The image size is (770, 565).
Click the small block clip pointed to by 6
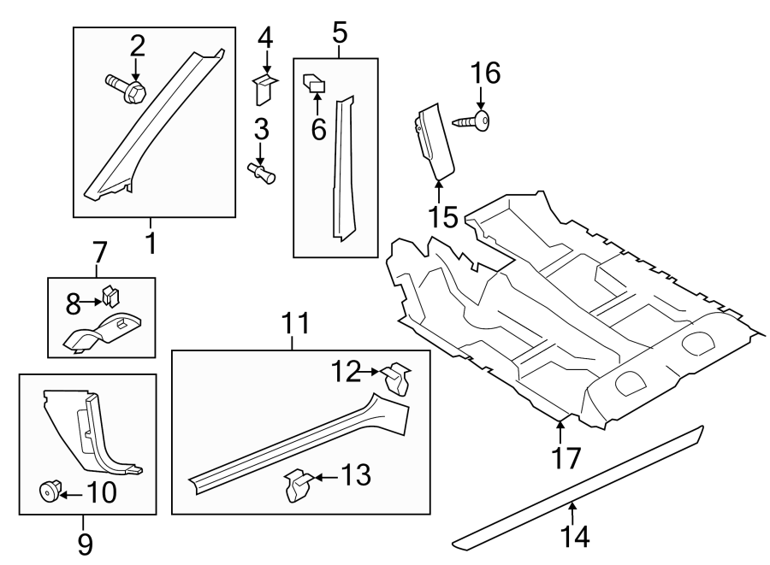314,83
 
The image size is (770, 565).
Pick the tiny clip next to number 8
110,297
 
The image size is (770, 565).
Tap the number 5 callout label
339,34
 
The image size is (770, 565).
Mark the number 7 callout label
99,252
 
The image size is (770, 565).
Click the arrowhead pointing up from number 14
572,506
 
